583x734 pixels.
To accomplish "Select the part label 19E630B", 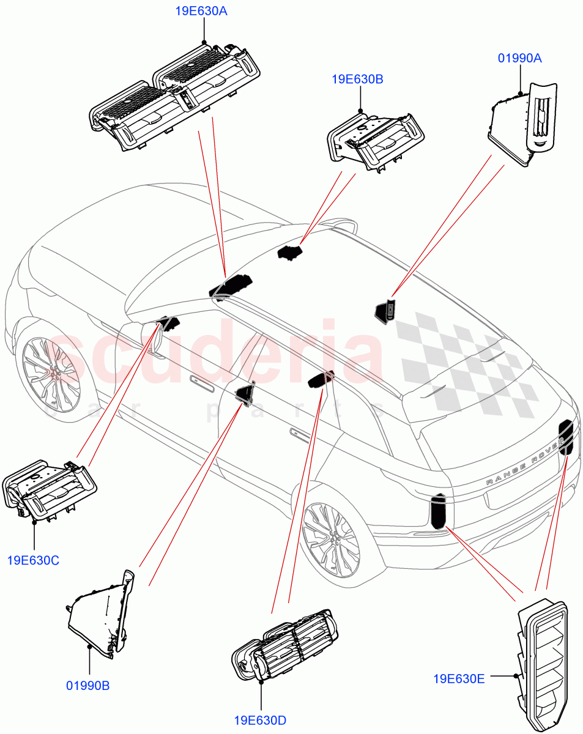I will click(357, 79).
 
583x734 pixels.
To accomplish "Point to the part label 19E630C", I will click(34, 560).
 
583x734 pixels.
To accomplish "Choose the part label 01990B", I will click(88, 686).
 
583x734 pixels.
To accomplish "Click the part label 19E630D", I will click(260, 720).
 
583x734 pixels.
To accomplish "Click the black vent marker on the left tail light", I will click(439, 511).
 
